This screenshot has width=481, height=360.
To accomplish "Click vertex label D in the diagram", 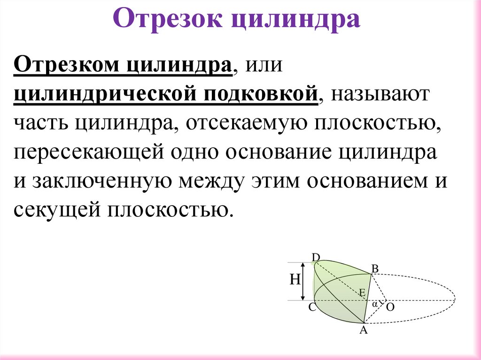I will [x=316, y=256].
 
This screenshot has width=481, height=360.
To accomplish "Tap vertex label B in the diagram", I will [x=375, y=268].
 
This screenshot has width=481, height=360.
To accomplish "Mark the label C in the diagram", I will [x=312, y=308].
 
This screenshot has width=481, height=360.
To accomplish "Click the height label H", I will [x=295, y=280].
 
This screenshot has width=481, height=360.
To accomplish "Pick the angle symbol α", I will [x=375, y=304].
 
